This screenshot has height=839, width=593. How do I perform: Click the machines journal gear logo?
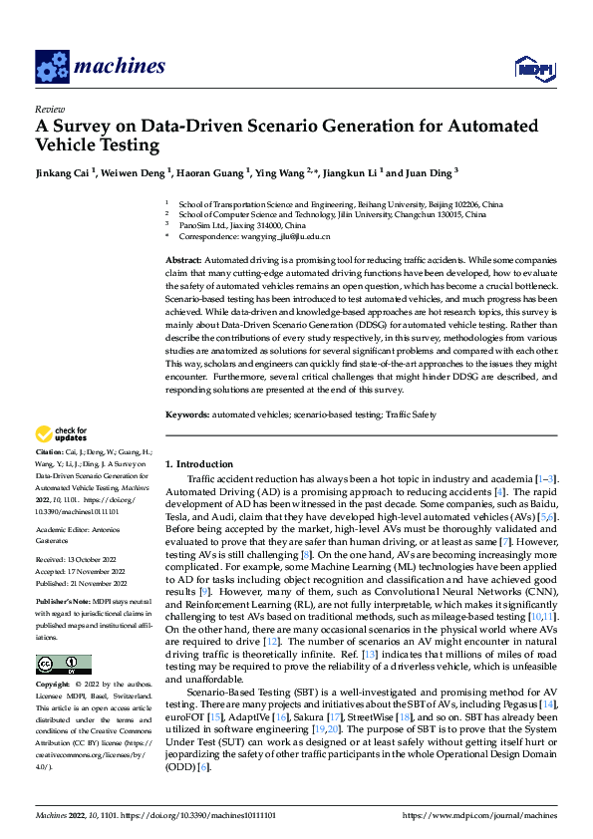pyautogui.click(x=51, y=67)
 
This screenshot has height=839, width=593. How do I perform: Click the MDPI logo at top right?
pyautogui.click(x=531, y=68)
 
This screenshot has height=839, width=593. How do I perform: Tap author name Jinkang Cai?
pyautogui.click(x=63, y=172)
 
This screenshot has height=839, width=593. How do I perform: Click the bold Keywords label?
pyautogui.click(x=187, y=412)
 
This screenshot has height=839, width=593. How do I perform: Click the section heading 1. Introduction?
pyautogui.click(x=199, y=464)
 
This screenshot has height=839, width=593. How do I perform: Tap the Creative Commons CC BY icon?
pyautogui.click(x=63, y=665)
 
